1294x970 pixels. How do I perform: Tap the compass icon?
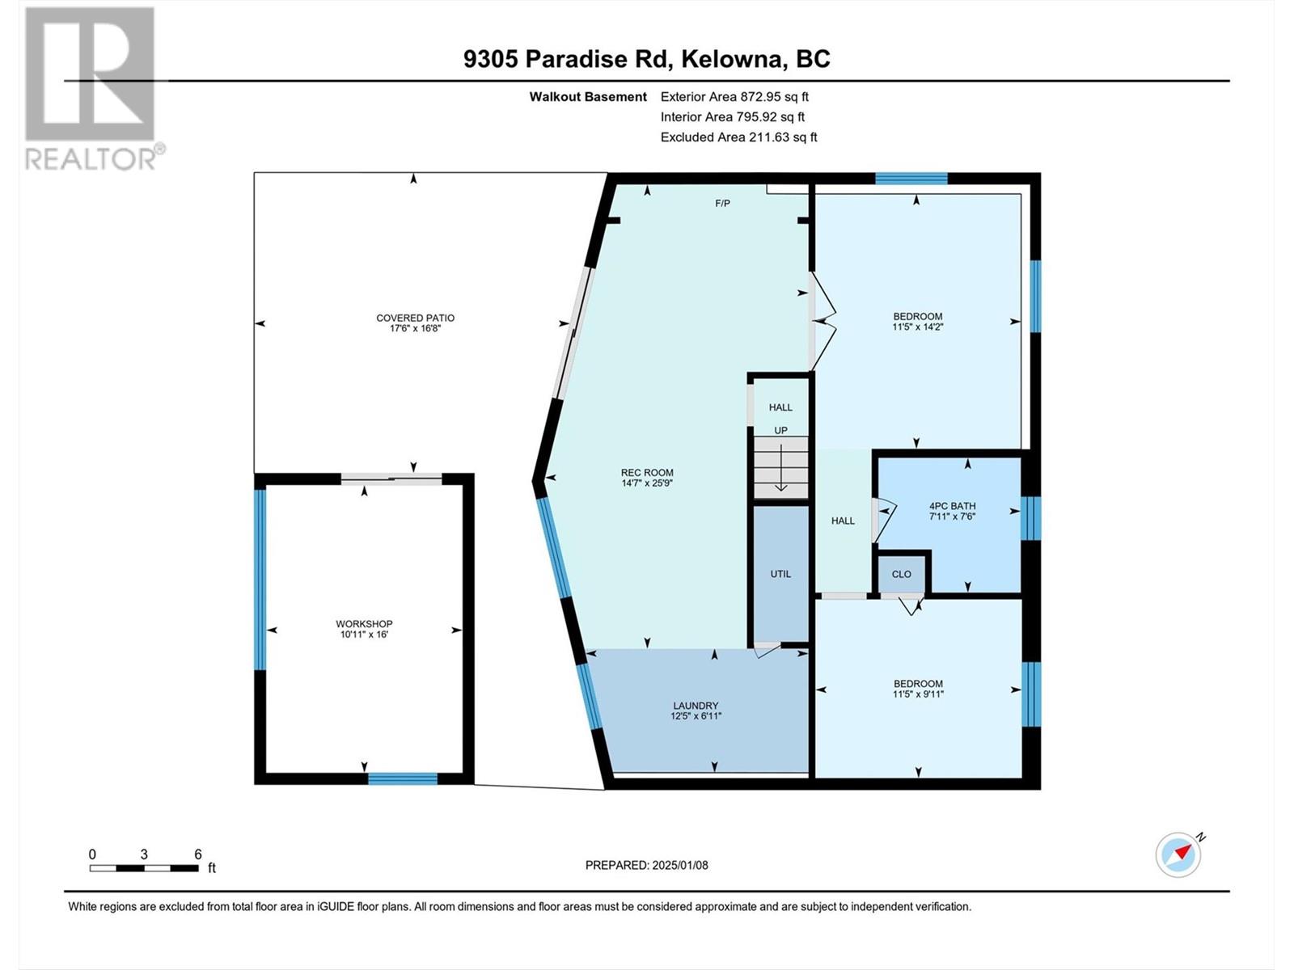(1178, 855)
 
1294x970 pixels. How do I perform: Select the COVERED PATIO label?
(415, 318)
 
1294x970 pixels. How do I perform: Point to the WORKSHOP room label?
(364, 624)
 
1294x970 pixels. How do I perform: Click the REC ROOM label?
(647, 472)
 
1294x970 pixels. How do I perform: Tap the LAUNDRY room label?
(696, 706)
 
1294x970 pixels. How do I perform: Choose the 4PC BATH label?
(952, 506)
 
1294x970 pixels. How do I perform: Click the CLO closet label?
(902, 574)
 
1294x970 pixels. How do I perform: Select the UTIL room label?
(780, 574)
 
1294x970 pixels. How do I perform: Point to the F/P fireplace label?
(722, 203)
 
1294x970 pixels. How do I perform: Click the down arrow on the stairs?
(781, 467)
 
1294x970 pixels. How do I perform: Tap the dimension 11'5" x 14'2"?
(918, 327)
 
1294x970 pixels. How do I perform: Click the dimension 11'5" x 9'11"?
(919, 694)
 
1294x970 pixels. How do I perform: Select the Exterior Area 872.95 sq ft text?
(734, 96)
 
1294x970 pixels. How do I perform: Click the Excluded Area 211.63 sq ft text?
(738, 137)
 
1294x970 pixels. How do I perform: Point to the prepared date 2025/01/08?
(680, 865)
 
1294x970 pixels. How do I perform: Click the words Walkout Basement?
(588, 96)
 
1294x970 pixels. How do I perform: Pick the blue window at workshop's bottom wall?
(403, 778)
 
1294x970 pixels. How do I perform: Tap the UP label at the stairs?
(780, 431)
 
